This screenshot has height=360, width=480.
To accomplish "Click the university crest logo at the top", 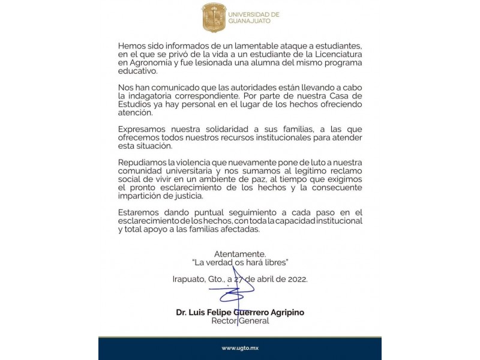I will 214,17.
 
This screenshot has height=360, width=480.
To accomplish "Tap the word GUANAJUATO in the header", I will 249,21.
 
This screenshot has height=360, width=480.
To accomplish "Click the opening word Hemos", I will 131,46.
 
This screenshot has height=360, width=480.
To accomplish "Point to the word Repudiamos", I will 142,163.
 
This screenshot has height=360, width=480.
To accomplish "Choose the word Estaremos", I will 139,213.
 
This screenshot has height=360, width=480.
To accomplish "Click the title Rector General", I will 240,321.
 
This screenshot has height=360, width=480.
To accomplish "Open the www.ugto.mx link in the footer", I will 240,348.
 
